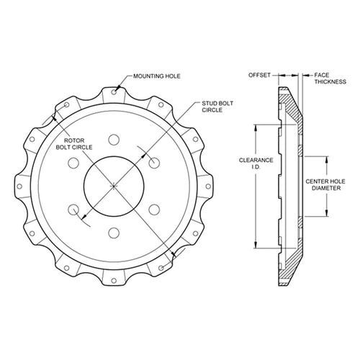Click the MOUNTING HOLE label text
pos(157,76)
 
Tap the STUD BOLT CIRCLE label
pos(217,107)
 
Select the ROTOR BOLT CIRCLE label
pos(74,144)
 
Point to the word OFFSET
pos(259,75)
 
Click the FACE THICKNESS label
pos(330,78)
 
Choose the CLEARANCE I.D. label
pos(256,163)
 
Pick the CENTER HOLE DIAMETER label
pos(325,184)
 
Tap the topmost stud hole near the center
pos(114,140)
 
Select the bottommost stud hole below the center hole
pos(114,233)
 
